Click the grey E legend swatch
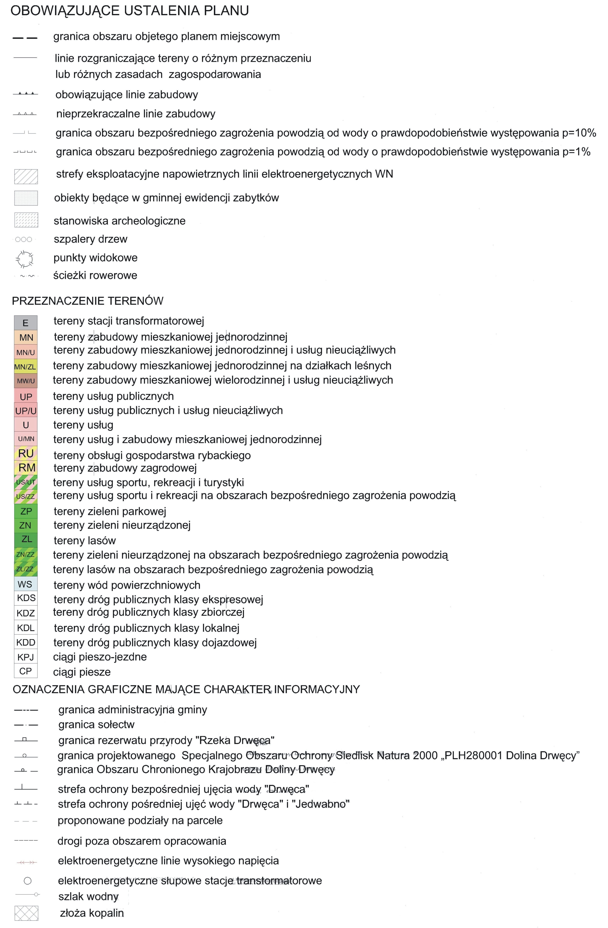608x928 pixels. point(26,323)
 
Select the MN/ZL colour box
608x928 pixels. point(26,367)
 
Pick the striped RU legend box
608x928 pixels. point(26,453)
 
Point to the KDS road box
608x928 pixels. point(26,598)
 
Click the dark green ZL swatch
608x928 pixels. point(26,540)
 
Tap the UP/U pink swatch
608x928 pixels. point(26,411)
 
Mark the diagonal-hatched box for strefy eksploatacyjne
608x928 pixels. point(26,176)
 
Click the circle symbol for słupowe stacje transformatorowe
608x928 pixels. point(27,881)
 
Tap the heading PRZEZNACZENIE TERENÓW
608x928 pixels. point(88,301)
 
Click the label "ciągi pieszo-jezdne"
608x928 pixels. point(100,657)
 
